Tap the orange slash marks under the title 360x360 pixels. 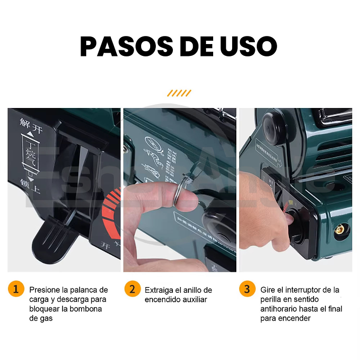[x=179, y=93]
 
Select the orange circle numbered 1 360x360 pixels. [x=16, y=288]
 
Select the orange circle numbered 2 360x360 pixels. [x=132, y=288]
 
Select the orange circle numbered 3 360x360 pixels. [x=247, y=288]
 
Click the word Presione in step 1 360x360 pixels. [x=44, y=290]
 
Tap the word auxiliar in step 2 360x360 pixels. [x=194, y=299]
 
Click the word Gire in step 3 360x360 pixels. [x=268, y=290]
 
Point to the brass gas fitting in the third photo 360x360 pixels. [x=340, y=231]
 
